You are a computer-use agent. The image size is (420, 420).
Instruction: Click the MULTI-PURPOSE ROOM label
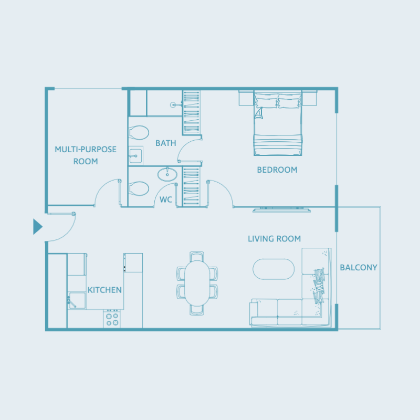86,155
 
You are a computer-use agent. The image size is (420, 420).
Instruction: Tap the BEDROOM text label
277,170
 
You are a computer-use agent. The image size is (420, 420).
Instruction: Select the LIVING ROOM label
274,239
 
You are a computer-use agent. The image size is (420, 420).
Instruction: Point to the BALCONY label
359,267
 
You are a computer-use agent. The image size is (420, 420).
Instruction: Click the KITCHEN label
104,290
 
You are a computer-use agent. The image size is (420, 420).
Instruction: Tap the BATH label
165,143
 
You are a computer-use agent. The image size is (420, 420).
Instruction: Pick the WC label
166,199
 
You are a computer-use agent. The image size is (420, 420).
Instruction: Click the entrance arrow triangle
37,227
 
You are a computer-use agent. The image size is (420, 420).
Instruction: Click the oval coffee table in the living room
274,269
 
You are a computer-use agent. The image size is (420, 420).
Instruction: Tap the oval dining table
197,283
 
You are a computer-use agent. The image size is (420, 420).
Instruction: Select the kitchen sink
77,300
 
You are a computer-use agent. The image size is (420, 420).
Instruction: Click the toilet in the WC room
139,188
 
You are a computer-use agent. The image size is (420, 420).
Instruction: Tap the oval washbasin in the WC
168,174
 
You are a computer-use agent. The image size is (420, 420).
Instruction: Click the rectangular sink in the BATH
135,154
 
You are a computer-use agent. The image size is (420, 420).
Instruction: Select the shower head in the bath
173,105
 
